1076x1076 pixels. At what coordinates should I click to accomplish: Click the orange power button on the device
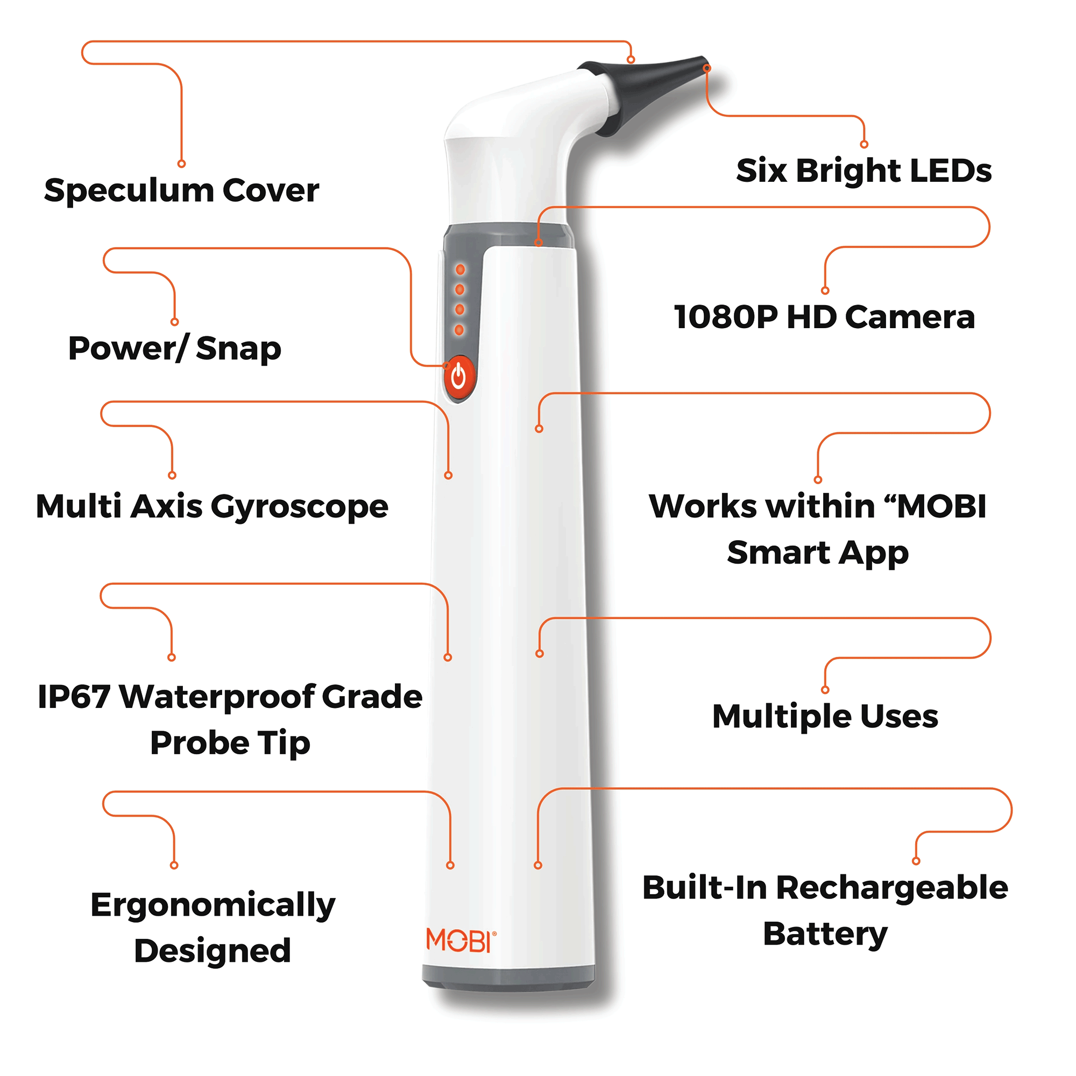458,377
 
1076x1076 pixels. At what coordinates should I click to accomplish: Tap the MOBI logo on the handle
461,940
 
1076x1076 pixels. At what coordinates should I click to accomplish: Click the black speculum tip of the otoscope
657,89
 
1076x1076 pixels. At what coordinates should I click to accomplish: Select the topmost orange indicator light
460,270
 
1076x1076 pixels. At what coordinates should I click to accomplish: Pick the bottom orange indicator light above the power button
459,330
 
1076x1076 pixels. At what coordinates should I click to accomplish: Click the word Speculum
128,191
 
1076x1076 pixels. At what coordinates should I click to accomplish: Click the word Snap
238,349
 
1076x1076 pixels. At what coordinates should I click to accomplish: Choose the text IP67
74,697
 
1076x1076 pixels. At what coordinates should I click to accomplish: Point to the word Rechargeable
891,888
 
